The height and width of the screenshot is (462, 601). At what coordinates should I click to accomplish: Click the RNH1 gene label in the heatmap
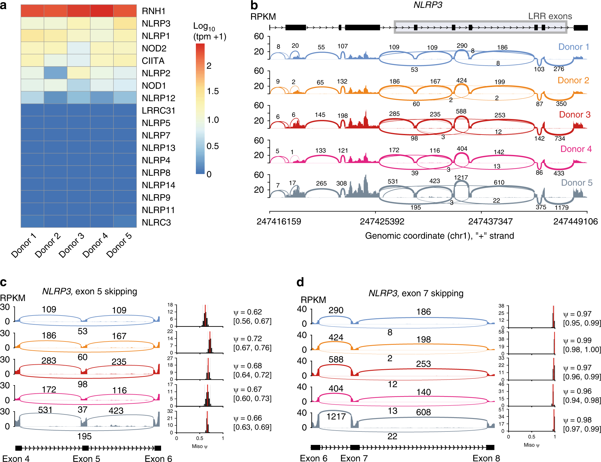tap(153, 11)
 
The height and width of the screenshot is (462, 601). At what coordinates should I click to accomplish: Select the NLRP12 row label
tap(158, 98)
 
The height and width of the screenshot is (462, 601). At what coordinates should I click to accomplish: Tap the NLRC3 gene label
tap(156, 222)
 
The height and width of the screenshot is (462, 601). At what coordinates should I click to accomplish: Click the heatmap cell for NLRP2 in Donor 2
tap(56, 73)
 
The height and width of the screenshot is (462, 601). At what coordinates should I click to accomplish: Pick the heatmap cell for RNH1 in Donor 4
tap(102, 11)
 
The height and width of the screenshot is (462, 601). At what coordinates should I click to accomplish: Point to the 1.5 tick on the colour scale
tap(213, 91)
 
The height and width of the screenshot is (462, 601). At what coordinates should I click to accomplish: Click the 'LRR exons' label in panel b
tap(550, 16)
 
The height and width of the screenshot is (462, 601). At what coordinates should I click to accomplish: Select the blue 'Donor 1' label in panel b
tap(573, 47)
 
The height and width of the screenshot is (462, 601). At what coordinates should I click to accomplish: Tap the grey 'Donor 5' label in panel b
tap(577, 182)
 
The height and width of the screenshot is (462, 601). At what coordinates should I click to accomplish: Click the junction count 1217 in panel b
tap(461, 178)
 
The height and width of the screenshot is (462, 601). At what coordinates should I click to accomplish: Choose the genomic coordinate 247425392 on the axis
tap(382, 222)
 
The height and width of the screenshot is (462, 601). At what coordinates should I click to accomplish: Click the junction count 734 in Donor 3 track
tap(560, 139)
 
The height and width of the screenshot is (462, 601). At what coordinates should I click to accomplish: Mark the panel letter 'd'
tap(300, 282)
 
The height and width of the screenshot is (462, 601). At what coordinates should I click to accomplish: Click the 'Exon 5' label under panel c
tap(86, 459)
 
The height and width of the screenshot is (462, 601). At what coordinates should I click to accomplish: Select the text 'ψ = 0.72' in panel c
tap(248, 338)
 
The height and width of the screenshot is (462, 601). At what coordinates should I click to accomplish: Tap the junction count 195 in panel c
tap(84, 436)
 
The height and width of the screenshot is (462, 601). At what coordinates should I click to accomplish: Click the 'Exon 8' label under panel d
tap(486, 458)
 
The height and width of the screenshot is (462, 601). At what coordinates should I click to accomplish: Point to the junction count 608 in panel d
tap(423, 412)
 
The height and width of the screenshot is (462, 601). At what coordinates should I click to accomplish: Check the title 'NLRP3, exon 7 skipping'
tap(416, 293)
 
